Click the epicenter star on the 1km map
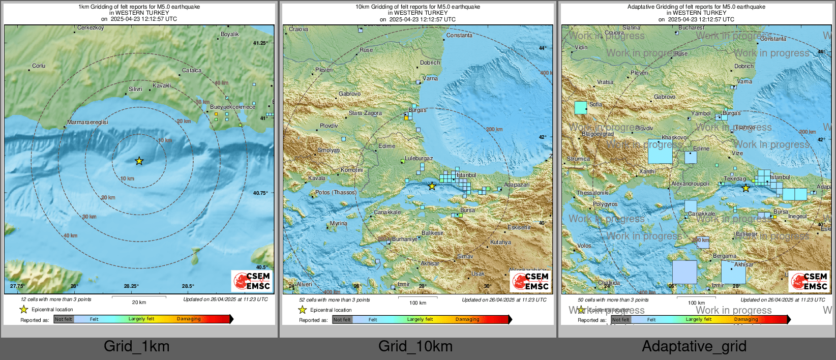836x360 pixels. pos(139,161)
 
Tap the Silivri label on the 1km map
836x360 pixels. pos(135,89)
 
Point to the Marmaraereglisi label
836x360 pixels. pos(87,122)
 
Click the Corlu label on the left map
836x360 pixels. pos(39,66)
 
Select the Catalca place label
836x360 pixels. pos(192,70)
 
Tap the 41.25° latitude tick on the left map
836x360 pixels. pos(260,43)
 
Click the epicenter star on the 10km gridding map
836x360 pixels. pos(432,186)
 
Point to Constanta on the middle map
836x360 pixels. pos(459,35)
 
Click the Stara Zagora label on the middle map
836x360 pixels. pos(365,113)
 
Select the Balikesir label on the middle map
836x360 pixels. pos(432,233)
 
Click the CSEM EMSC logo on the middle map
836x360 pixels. pos(531,281)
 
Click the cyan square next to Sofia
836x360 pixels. pos(580,107)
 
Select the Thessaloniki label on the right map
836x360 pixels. pos(592,193)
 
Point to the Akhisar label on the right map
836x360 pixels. pos(743,264)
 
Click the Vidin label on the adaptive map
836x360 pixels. pos(581,47)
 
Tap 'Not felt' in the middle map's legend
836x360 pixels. pos(342,320)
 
